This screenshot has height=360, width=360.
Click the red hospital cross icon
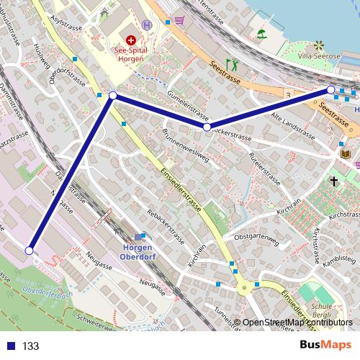click(x=131, y=41)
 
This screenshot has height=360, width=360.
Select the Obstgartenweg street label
click(x=256, y=237)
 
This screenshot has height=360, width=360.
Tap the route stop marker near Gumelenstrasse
click(x=207, y=127)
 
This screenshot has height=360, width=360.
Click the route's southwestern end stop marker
click(x=29, y=251)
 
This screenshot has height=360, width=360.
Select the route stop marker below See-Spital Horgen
click(x=113, y=95)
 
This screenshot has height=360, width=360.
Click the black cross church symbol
click(x=334, y=181)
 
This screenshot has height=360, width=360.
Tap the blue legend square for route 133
click(x=9, y=346)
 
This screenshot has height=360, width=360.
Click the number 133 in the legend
click(x=30, y=346)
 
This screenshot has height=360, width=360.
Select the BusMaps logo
click(x=326, y=345)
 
